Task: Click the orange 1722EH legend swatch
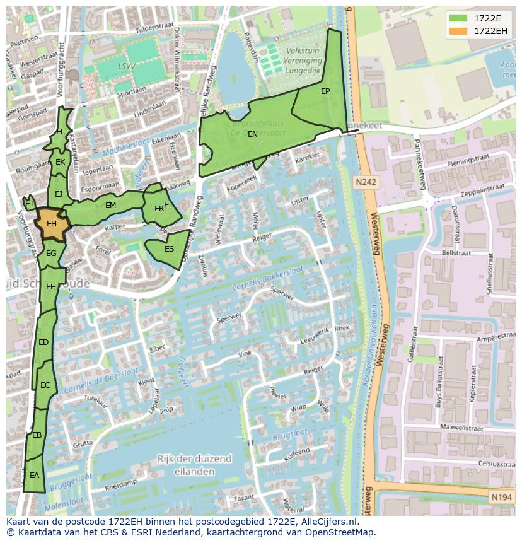[459, 30]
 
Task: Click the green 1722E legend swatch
[459, 18]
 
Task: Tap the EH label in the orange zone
[52, 224]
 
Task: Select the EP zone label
[325, 91]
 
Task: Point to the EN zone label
[253, 134]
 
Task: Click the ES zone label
[169, 249]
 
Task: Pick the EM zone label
[110, 206]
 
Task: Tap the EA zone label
[34, 476]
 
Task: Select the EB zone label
[37, 435]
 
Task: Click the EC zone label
[45, 385]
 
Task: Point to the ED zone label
[43, 342]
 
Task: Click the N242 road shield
[365, 182]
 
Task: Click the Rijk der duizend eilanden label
[195, 465]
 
